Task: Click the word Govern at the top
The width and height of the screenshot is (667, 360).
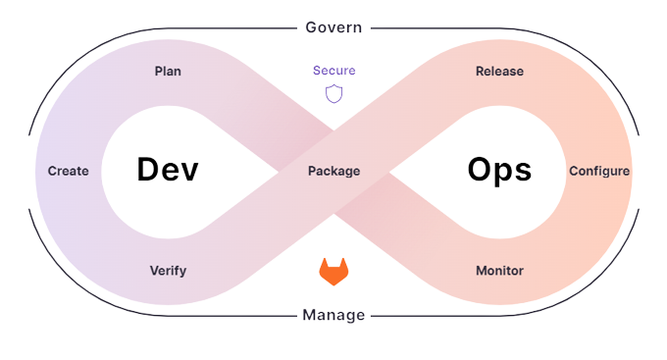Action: (x=333, y=27)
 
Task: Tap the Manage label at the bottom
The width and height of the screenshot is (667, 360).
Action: (x=333, y=315)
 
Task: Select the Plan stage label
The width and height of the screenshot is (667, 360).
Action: (x=168, y=72)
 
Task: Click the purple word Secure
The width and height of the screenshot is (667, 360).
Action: (x=333, y=71)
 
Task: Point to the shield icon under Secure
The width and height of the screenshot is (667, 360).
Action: (x=333, y=93)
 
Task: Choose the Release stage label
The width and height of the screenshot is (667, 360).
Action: (x=499, y=72)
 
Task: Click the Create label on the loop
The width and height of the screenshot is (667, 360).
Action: (x=69, y=171)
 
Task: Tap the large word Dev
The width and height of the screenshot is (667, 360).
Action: (x=168, y=171)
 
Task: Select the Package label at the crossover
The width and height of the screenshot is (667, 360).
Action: (x=333, y=171)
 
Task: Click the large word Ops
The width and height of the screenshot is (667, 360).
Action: (x=499, y=171)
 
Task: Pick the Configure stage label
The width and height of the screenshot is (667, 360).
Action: (x=599, y=171)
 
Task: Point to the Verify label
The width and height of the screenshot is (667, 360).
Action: (x=168, y=271)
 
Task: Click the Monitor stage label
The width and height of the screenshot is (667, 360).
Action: (x=499, y=271)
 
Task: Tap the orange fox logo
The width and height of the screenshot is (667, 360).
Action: (x=333, y=273)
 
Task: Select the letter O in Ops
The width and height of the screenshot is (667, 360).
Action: (x=479, y=171)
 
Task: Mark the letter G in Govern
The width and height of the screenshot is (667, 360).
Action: (x=310, y=27)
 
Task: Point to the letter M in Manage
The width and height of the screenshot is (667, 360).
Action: (x=309, y=315)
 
